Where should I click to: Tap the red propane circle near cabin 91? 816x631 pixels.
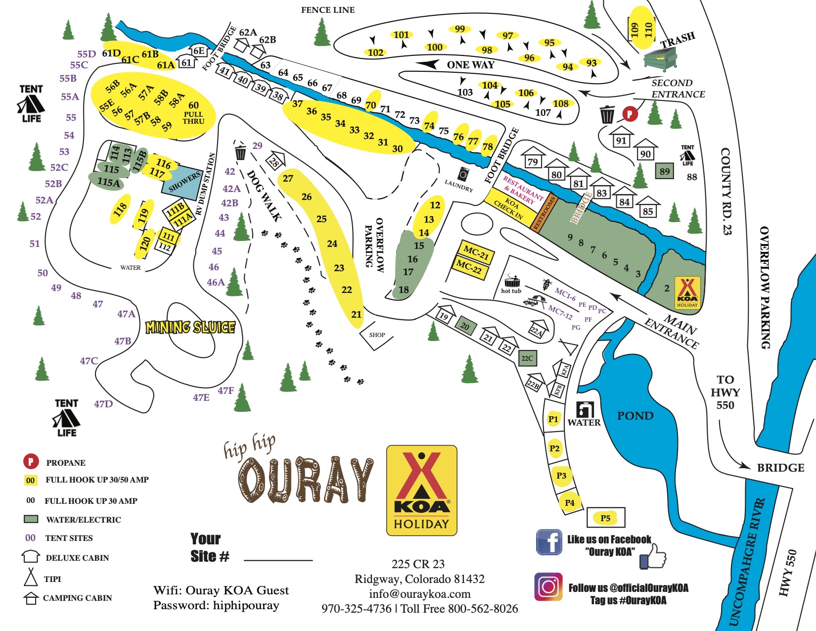(x=630, y=114)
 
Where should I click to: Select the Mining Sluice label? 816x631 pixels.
(x=190, y=327)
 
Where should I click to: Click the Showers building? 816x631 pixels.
(x=183, y=182)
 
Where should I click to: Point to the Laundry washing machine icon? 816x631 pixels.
(x=463, y=174)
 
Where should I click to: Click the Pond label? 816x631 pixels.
(x=635, y=416)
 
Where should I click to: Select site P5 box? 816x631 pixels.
(x=605, y=518)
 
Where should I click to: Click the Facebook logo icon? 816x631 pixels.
(x=549, y=542)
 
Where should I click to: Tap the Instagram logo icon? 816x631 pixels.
(x=548, y=587)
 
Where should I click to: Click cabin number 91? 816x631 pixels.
(x=621, y=141)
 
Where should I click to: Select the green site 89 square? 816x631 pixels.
(x=665, y=171)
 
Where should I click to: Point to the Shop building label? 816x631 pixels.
(x=377, y=335)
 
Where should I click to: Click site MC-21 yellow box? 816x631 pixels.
(x=476, y=253)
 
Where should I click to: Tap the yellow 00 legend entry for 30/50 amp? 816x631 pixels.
(x=31, y=480)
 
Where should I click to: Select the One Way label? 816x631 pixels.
(x=470, y=65)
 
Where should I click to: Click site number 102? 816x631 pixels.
(x=375, y=52)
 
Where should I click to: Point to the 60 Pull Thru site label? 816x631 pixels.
(x=193, y=112)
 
